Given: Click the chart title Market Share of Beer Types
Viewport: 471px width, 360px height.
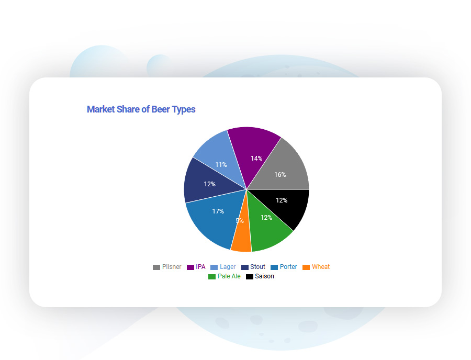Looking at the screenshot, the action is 141,109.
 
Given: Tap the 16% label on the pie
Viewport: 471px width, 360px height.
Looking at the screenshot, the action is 280,175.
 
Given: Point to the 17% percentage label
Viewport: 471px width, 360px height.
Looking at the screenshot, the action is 218,211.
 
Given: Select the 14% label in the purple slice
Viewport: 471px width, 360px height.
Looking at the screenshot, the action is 256,159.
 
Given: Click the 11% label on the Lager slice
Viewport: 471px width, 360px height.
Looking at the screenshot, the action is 221,165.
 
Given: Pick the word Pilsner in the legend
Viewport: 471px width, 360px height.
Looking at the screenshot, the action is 172,267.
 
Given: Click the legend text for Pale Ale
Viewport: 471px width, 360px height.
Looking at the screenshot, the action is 229,276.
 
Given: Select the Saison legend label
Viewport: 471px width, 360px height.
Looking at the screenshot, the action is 264,276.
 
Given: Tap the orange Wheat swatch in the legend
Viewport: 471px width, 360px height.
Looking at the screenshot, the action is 306,267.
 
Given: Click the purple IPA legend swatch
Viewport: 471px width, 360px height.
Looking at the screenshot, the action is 190,267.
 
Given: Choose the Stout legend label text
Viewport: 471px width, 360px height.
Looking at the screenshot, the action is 257,267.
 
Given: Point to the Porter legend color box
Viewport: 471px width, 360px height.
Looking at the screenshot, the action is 274,267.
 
